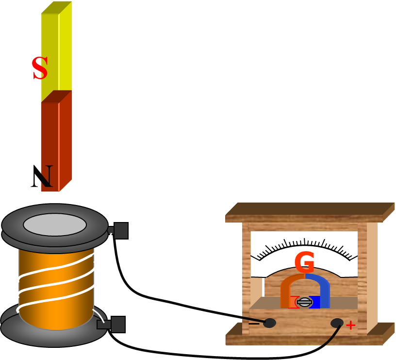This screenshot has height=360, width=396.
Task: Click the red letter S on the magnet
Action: [x=40, y=69]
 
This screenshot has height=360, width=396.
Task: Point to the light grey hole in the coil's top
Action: [x=55, y=224]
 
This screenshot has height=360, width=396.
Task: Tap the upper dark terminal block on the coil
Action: [x=120, y=231]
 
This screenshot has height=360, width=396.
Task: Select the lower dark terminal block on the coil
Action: [x=117, y=324]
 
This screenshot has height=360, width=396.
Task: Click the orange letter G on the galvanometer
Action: [x=304, y=263]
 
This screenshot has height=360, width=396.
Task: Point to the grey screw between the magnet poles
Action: [x=304, y=302]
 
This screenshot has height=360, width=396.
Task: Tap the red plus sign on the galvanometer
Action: [x=350, y=325]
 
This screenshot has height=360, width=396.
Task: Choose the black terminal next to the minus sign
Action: [x=269, y=323]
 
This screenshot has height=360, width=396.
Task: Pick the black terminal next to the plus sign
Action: [x=337, y=323]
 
